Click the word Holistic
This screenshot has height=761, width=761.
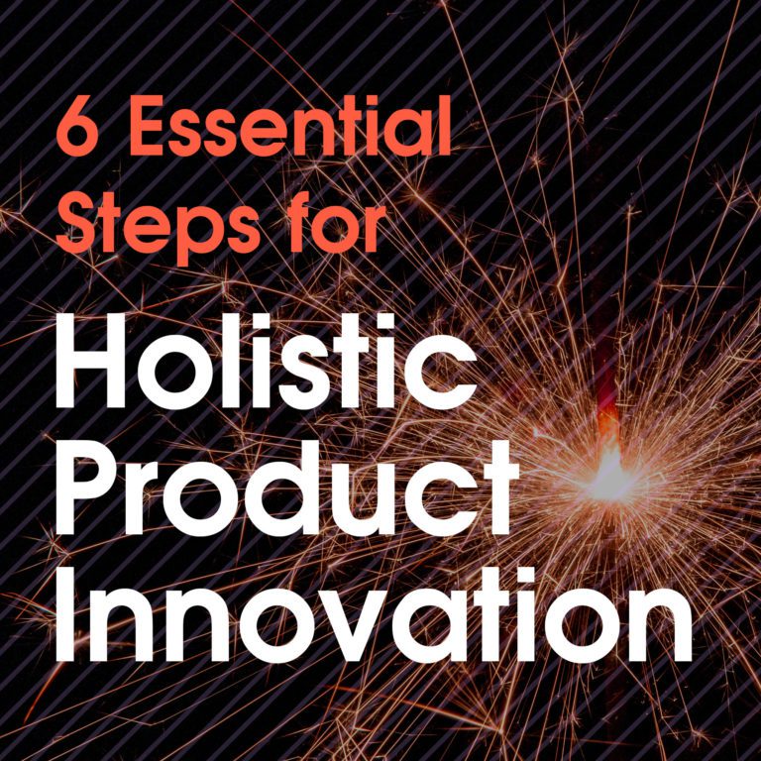(x=267, y=358)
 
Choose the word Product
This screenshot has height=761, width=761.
(x=286, y=485)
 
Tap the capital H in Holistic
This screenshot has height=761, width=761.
(x=93, y=358)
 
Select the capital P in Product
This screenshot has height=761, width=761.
(x=88, y=485)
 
